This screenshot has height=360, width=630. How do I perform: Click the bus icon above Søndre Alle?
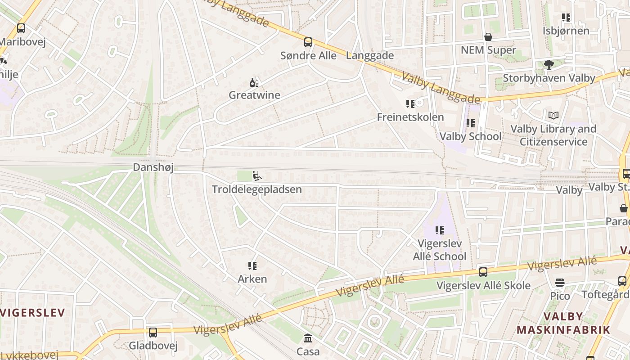pyautogui.click(x=308, y=42)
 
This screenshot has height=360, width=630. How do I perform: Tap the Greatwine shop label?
pyautogui.click(x=254, y=95)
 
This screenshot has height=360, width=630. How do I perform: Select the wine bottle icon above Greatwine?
pyautogui.click(x=254, y=82)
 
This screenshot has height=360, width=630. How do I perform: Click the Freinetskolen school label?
pyautogui.click(x=410, y=117)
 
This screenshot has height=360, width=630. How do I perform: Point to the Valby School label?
pyautogui.click(x=470, y=136)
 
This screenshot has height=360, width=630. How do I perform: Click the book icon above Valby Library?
pyautogui.click(x=553, y=116)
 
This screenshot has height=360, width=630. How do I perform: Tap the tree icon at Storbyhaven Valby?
pyautogui.click(x=549, y=65)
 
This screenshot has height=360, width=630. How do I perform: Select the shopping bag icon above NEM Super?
pyautogui.click(x=488, y=36)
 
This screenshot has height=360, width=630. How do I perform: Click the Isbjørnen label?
pyautogui.click(x=566, y=31)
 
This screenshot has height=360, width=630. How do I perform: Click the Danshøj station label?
pyautogui.click(x=153, y=167)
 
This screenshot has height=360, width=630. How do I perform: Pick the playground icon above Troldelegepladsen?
pyautogui.click(x=257, y=176)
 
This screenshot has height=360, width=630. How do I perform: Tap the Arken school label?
pyautogui.click(x=252, y=279)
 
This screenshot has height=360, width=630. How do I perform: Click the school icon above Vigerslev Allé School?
pyautogui.click(x=440, y=230)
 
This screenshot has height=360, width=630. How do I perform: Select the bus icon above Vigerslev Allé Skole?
pyautogui.click(x=483, y=272)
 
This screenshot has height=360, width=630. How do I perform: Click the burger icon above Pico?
pyautogui.click(x=560, y=283)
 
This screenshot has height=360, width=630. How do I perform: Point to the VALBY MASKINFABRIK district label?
pyautogui.click(x=563, y=323)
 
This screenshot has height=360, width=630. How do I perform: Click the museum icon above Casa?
pyautogui.click(x=308, y=338)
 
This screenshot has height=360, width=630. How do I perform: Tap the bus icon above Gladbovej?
pyautogui.click(x=153, y=333)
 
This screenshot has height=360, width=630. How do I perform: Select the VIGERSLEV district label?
pyautogui.click(x=32, y=312)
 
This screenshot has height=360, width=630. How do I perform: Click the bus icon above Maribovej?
pyautogui.click(x=21, y=28)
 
